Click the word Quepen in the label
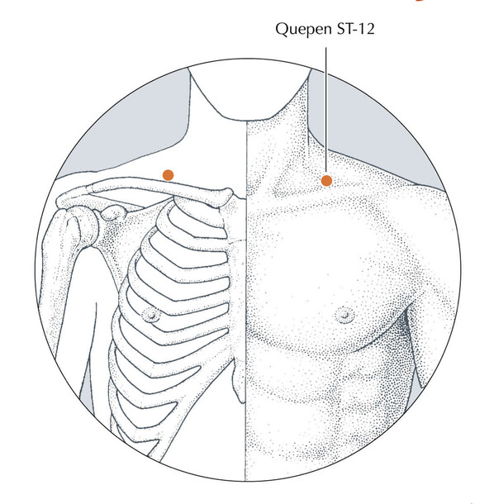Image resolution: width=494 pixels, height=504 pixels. [299, 30]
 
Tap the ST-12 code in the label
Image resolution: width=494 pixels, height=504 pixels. [356, 29]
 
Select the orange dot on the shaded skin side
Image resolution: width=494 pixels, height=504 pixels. [326, 181]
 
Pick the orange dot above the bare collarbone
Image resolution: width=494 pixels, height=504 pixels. [168, 175]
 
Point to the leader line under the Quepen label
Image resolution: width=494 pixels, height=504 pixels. [326, 110]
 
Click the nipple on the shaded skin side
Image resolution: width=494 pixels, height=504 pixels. [344, 315]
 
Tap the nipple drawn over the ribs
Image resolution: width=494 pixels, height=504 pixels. [150, 315]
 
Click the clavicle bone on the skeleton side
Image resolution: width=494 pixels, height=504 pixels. [145, 190]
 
